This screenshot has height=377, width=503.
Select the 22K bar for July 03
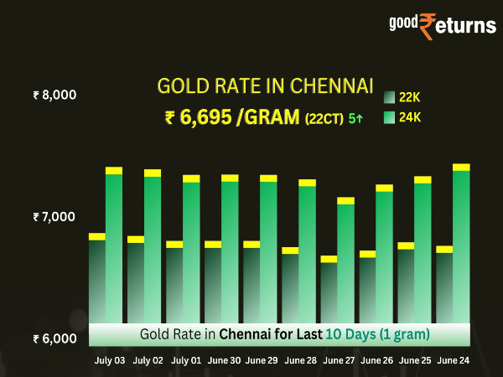97,281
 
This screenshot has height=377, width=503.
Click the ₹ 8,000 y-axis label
54,95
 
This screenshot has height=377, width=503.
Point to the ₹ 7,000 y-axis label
54,217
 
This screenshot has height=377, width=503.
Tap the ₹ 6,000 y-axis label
54,339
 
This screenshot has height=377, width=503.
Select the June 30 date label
225,359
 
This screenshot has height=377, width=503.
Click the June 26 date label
376,359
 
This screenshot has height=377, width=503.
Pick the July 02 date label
148,359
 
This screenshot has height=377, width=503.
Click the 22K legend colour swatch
390,96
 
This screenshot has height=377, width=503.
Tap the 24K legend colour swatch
390,118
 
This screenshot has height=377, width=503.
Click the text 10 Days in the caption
353,334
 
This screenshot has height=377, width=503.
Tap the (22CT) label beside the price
323,119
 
